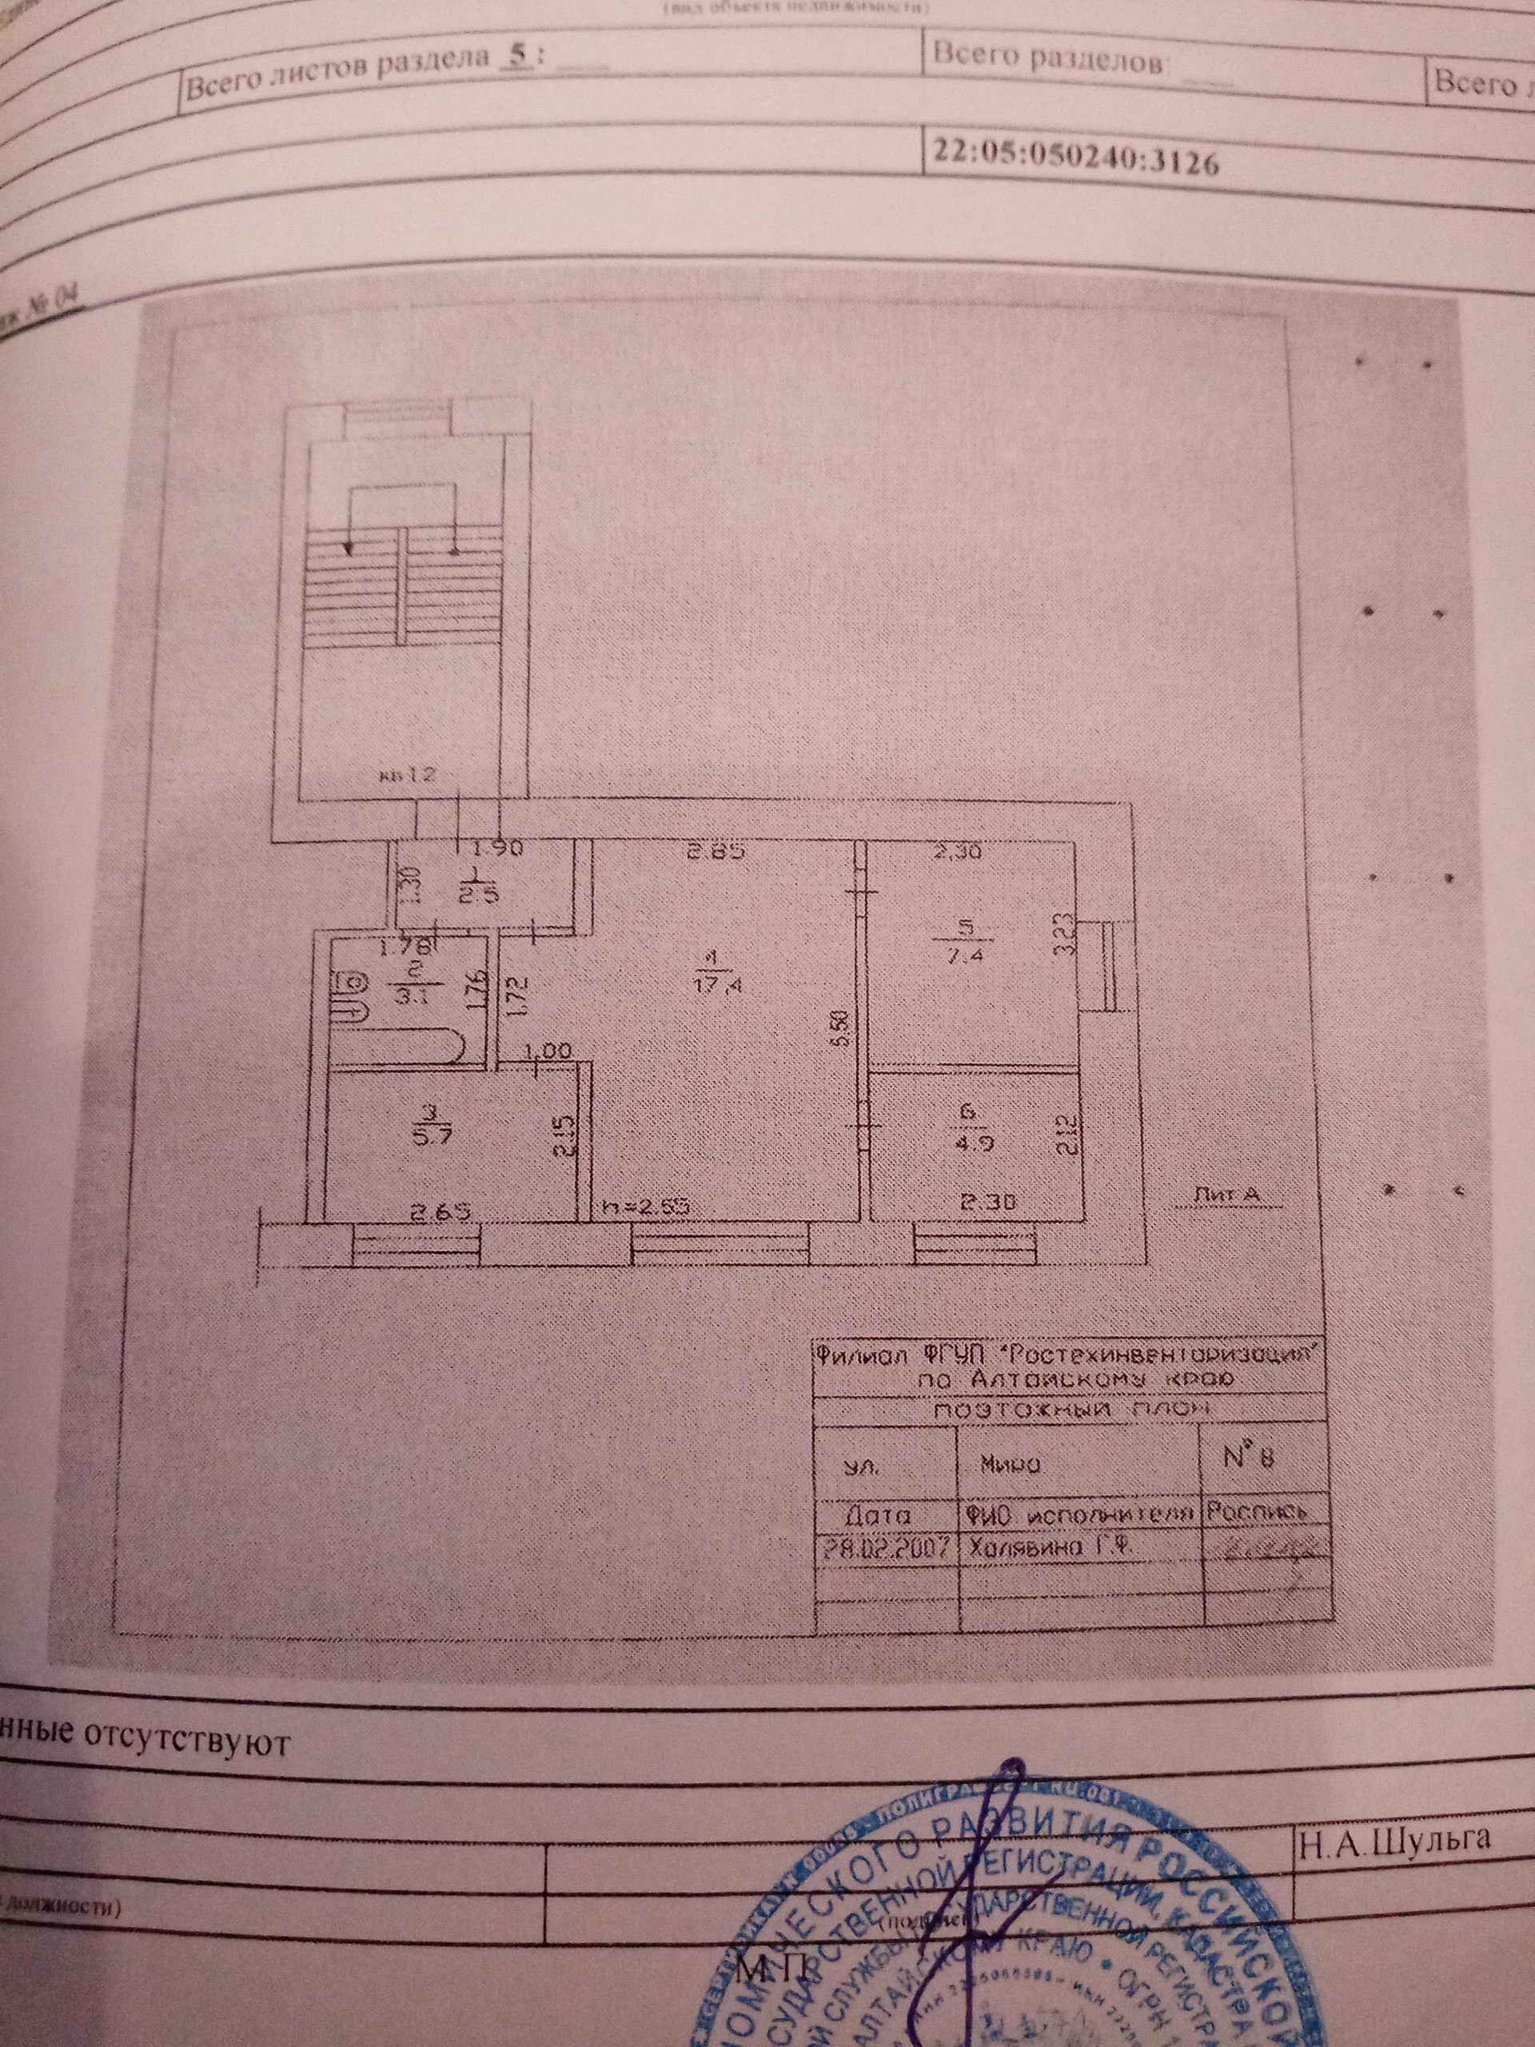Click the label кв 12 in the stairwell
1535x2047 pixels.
[413, 776]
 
